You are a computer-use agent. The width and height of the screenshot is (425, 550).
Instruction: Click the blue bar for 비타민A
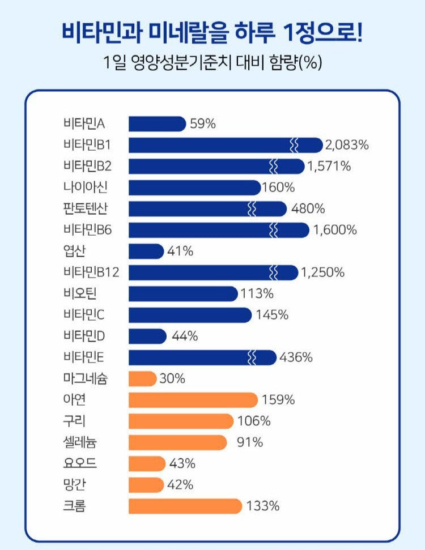coord(157,124)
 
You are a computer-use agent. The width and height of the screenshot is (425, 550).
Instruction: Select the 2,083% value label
coord(347,145)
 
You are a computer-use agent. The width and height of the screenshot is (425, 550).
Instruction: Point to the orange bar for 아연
coord(193,400)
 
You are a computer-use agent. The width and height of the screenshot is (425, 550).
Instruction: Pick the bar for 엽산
coord(146,251)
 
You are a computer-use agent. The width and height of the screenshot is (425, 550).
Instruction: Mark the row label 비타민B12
coord(91,272)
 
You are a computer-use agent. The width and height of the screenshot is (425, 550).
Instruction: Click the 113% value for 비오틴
coord(258,294)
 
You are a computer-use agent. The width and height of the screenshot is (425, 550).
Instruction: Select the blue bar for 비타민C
coord(190,315)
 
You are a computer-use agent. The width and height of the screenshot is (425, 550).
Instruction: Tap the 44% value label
coord(185,336)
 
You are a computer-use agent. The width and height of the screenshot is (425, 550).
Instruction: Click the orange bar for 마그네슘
coord(142,378)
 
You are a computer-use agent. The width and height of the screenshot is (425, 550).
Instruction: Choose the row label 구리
coord(75,421)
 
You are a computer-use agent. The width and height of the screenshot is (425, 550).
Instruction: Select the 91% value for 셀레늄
coord(250,442)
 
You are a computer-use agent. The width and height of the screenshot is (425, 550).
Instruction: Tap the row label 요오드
coord(80,463)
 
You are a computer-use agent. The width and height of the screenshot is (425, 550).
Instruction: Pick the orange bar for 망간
coord(146,485)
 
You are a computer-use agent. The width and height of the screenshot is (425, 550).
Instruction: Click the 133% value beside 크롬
coord(263,506)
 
